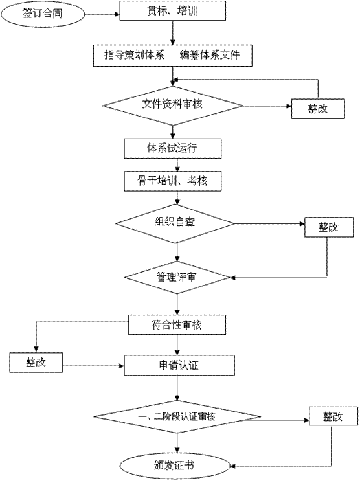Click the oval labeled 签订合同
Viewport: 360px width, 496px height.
(42, 14)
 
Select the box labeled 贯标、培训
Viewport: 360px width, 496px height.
(172, 11)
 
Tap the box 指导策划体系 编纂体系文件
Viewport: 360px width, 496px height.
(172, 56)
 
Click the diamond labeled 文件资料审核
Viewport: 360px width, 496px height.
(172, 106)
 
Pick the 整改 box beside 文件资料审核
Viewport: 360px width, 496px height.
(318, 109)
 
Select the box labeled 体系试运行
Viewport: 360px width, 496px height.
(172, 148)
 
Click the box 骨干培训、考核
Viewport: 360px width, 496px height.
(172, 181)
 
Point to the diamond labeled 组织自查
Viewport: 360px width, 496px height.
(175, 223)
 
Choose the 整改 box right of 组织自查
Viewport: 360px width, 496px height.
(329, 227)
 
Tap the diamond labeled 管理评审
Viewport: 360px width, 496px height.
(177, 277)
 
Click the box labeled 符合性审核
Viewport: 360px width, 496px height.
(177, 324)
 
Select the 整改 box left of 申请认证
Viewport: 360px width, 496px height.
(36, 363)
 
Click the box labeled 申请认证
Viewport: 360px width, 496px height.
(179, 365)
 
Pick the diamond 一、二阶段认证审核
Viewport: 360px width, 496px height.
(177, 416)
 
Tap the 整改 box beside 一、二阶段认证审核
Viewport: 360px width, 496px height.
(333, 416)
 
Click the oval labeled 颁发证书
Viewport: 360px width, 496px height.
(174, 466)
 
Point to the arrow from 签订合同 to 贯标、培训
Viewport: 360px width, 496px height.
(102, 14)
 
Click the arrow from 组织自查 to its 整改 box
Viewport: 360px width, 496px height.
(269, 223)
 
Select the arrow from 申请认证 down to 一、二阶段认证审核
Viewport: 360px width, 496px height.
(177, 388)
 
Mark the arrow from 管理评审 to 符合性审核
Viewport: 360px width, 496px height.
(177, 304)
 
